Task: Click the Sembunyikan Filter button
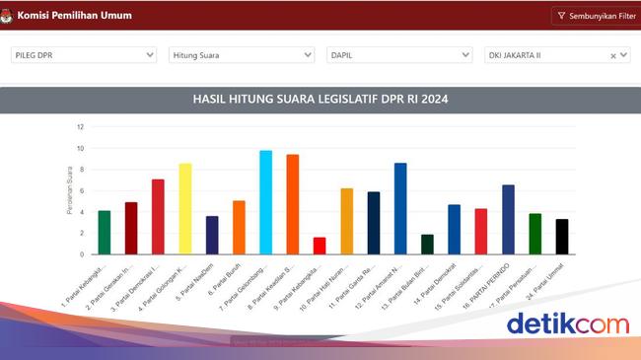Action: (594, 16)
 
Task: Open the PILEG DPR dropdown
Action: (84, 56)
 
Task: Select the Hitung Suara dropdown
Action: (242, 56)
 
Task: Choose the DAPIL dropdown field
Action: (399, 56)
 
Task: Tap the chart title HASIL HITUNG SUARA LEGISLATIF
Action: (320, 100)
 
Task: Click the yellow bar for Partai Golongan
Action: (184, 209)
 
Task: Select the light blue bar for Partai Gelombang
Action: (265, 202)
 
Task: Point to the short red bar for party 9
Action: (320, 246)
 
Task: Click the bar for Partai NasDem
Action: (212, 235)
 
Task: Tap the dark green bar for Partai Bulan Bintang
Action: (427, 245)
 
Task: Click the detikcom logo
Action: (567, 324)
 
